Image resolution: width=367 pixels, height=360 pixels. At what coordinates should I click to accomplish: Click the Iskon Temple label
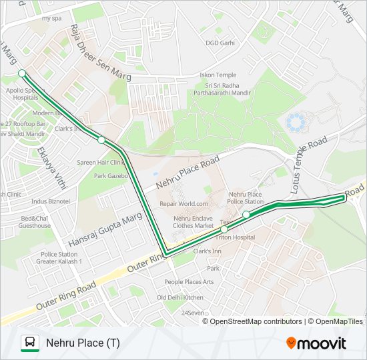pyautogui.click(x=218, y=75)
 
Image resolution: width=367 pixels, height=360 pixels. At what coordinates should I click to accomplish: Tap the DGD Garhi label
pyautogui.click(x=220, y=43)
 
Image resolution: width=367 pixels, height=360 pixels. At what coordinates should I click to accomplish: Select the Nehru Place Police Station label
pyautogui.click(x=246, y=197)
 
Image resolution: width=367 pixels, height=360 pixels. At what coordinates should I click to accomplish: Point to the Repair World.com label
pyautogui.click(x=184, y=204)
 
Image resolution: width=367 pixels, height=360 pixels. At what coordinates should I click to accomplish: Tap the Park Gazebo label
pyautogui.click(x=110, y=176)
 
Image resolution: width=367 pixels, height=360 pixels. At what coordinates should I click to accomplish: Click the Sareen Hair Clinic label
pyautogui.click(x=100, y=162)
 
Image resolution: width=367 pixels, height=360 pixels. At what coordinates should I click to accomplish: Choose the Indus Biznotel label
pyautogui.click(x=50, y=201)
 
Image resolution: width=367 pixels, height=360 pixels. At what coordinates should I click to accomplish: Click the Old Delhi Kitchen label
pyautogui.click(x=180, y=297)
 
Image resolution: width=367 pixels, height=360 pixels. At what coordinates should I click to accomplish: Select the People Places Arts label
pyautogui.click(x=189, y=282)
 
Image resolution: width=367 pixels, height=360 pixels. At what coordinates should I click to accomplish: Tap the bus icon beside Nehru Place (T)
pyautogui.click(x=29, y=343)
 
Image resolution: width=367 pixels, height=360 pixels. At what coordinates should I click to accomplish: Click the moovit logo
pyautogui.click(x=316, y=343)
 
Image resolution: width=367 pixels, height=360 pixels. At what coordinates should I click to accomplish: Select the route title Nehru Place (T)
pyautogui.click(x=83, y=343)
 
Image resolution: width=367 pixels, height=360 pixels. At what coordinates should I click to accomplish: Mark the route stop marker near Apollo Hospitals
pyautogui.click(x=22, y=73)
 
